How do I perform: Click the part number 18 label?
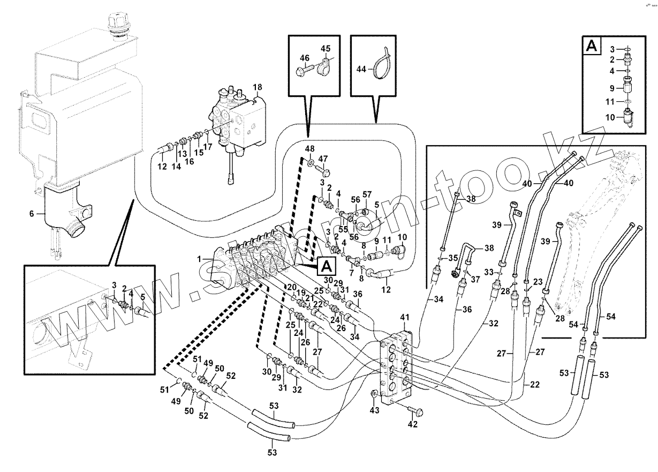coord(258,87)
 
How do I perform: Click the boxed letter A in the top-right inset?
coord(592,47)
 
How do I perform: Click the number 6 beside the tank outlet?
coord(31,214)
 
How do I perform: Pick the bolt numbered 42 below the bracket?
coord(417,412)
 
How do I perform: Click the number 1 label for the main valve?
coord(199,259)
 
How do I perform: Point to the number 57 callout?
coord(367,193)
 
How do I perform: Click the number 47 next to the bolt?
coord(323,159)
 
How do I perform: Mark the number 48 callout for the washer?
coord(310,148)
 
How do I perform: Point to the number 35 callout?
coord(452,258)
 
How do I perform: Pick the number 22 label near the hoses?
coord(535,385)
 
